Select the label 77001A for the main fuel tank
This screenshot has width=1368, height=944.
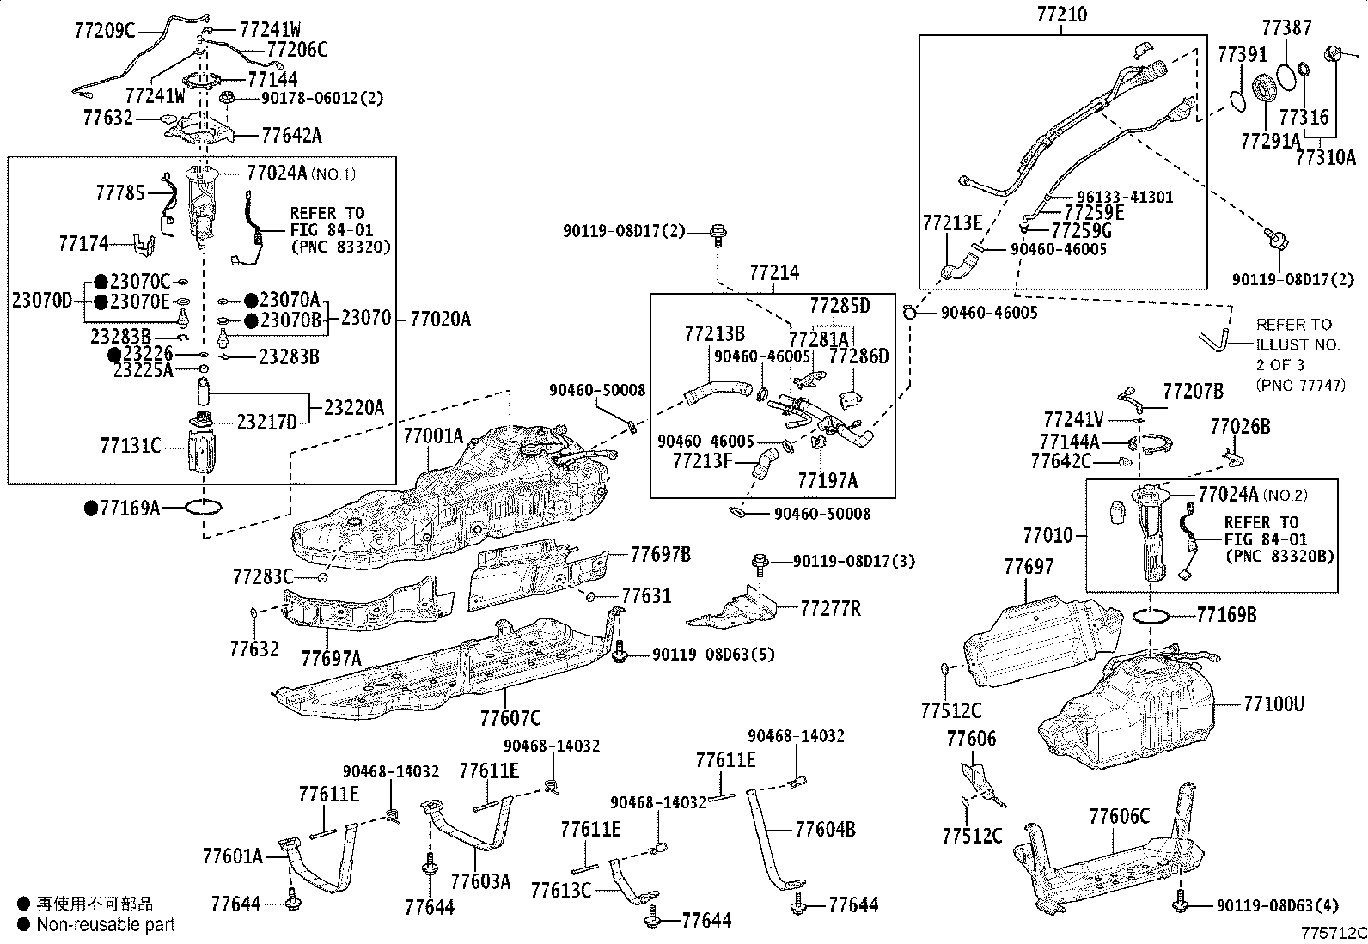pos(433,436)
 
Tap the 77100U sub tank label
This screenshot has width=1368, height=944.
pos(1273,704)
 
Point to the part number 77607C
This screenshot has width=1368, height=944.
pos(510,717)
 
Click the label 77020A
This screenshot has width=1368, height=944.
pos(440,320)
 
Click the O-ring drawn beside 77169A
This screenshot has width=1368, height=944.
pos(204,508)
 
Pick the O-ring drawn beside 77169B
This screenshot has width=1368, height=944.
pos(1154,615)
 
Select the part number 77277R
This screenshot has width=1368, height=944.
pos(830,609)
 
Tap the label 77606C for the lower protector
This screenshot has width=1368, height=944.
pos(1119,817)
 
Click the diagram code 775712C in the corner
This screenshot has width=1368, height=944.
pos(1333,932)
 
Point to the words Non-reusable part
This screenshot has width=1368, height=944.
pos(105,924)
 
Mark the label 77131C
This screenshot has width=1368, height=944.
pos(131,445)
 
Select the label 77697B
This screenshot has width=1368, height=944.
pos(661,554)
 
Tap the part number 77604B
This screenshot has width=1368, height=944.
pos(825,829)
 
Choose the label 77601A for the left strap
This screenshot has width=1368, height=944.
pos(232,856)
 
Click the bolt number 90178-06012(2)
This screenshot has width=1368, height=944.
pos(322,99)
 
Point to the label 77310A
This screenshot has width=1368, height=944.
pos(1325,157)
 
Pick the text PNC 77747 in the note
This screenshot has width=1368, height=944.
pos(1300,385)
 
